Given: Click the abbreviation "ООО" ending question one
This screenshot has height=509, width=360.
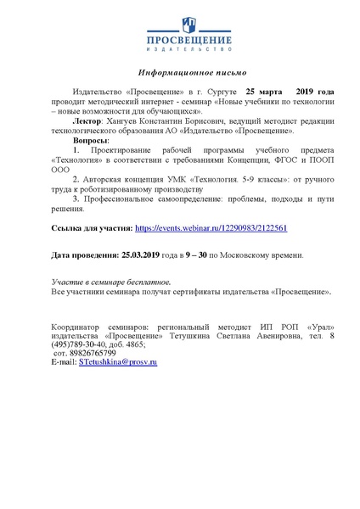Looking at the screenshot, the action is pos(61,168).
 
